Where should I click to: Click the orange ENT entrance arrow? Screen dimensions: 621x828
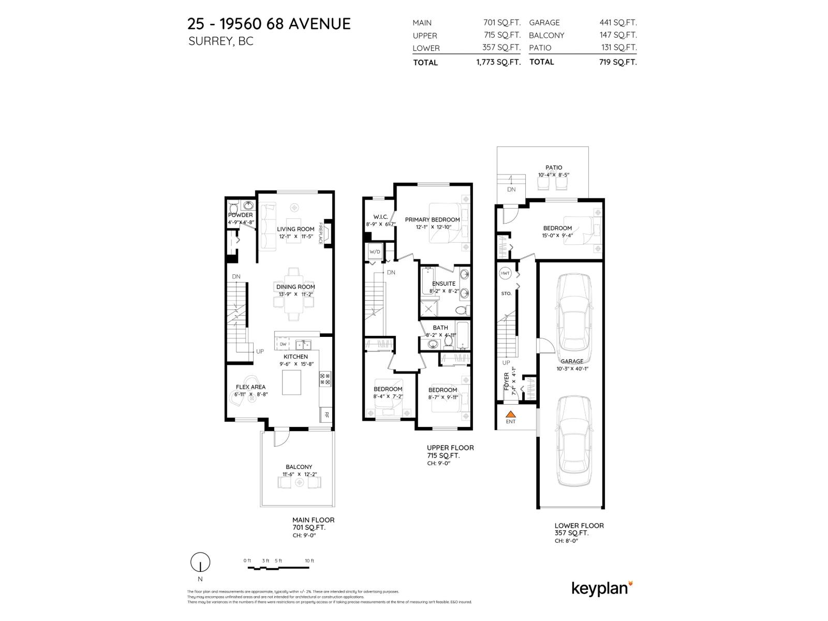click(x=511, y=414)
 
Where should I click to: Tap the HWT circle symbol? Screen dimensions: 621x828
click(x=505, y=273)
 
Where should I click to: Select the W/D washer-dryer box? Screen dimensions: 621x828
click(x=374, y=252)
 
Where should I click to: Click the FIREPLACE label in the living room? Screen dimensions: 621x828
click(x=321, y=233)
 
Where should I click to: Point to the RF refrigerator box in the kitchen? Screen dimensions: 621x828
click(x=326, y=414)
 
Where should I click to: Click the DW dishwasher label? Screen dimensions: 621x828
click(x=283, y=344)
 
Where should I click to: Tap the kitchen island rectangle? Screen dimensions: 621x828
click(x=291, y=382)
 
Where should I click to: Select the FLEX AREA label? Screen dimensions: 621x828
click(x=250, y=387)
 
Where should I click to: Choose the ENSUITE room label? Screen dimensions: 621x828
click(x=443, y=284)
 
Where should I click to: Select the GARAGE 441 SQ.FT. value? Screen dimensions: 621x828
click(x=618, y=23)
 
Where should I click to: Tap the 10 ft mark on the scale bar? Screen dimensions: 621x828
click(x=309, y=561)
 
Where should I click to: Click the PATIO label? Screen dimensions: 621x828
click(x=554, y=168)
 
